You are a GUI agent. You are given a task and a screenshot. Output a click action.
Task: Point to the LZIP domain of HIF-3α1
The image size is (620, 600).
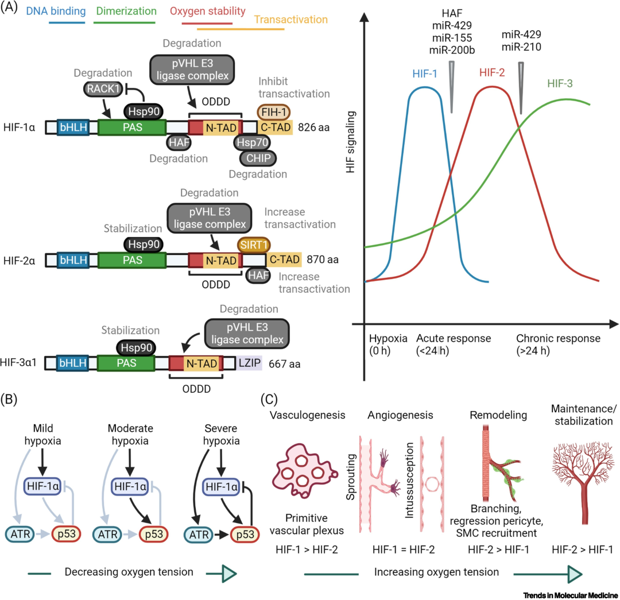tap(250, 363)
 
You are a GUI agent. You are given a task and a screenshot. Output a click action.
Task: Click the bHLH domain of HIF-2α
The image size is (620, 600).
tap(72, 260)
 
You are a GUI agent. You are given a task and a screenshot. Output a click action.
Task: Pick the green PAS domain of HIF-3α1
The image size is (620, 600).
tap(126, 363)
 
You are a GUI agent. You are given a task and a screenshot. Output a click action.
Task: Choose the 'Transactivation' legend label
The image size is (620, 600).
tap(290, 20)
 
